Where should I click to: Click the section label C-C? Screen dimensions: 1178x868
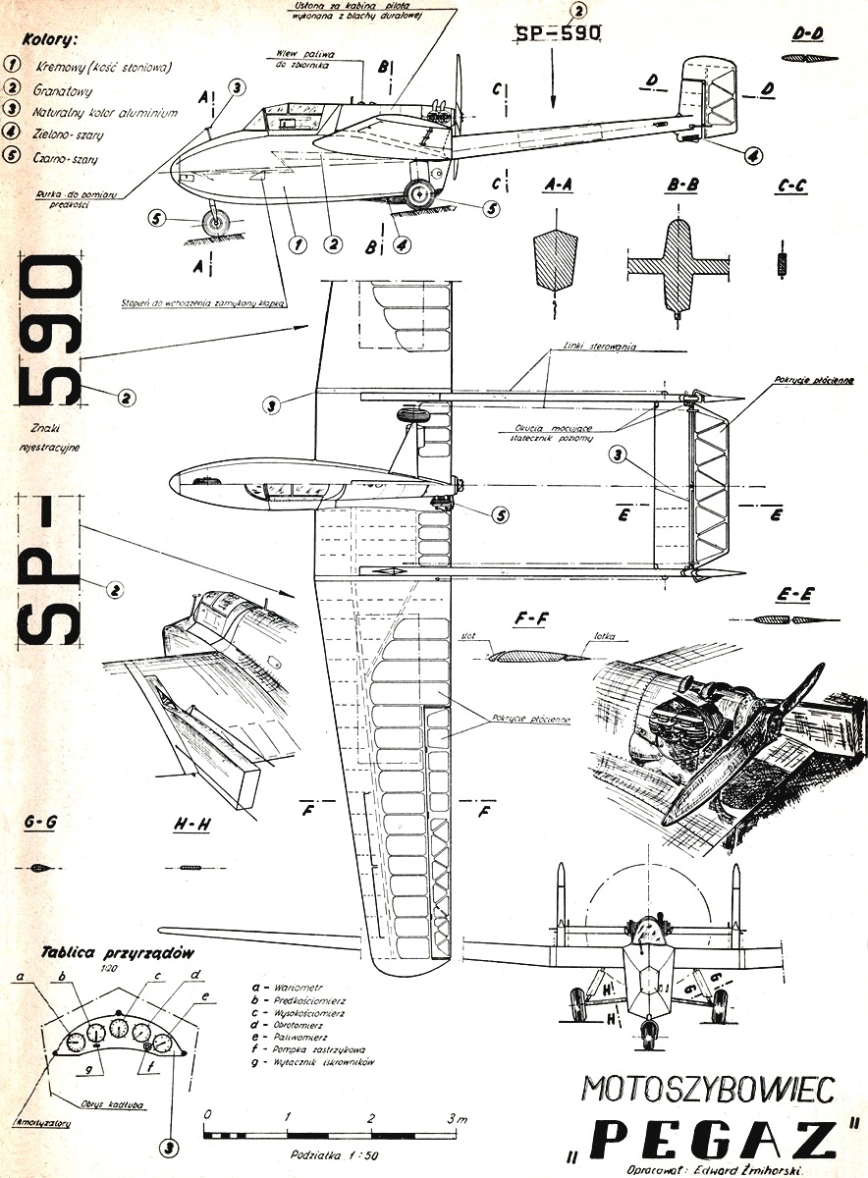point(790,184)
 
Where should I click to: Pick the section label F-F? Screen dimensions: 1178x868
point(530,620)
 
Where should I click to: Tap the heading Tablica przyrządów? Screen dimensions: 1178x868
point(119,952)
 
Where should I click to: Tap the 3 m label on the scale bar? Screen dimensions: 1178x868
point(456,1118)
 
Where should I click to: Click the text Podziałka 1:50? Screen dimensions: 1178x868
point(331,1155)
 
